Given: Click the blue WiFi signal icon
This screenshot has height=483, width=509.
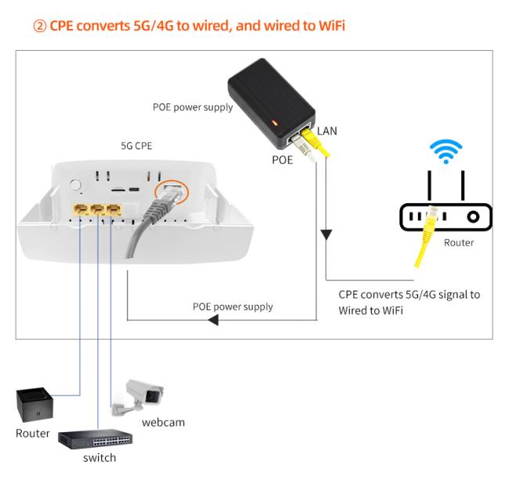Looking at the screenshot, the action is coord(446,152).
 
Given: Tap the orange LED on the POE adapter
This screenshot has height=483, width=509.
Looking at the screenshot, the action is coord(275,123).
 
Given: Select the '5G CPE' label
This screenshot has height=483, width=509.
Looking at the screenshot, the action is coord(136,146).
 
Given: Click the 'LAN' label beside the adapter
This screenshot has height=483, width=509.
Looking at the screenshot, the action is coord(327,131).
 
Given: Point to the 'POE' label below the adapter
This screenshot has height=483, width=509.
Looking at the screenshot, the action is coord(282,159).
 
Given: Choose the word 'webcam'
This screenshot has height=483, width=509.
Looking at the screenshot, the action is coord(164,422).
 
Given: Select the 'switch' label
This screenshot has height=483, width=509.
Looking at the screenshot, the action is coord(99,458).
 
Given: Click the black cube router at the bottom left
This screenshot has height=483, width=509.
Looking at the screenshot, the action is coord(34,405).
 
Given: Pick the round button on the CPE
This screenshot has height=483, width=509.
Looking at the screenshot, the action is coord(75,185).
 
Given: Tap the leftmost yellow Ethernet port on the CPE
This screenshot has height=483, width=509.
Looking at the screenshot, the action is coord(81,209).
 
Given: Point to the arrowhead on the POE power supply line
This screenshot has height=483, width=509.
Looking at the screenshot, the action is coord(213,320).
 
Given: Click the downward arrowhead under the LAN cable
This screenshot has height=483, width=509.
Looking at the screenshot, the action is coord(326,235).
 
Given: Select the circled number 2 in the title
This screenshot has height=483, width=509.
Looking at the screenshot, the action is coord(40,26).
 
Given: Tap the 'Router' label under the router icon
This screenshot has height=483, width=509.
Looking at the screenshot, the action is coord(459,242).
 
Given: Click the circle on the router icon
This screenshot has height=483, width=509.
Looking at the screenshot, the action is coord(473,216).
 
